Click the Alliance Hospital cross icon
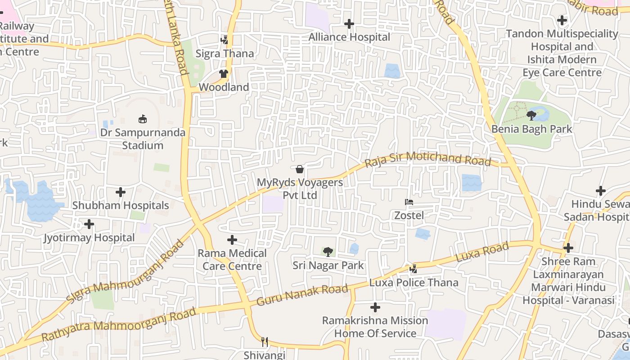tap(349, 24)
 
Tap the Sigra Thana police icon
tap(224, 40)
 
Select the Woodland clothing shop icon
tap(224, 73)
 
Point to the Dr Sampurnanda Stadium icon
tap(143, 119)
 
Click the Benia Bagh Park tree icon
tap(531, 116)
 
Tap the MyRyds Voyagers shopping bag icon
tap(300, 169)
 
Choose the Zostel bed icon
tap(409, 202)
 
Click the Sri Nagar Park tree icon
tap(328, 252)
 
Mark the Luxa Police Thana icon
tap(414, 269)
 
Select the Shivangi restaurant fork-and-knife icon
tap(265, 342)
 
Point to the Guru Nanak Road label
tap(302, 295)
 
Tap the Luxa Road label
tap(482, 252)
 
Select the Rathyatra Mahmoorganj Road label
tap(119, 324)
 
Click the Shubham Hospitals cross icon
tap(121, 192)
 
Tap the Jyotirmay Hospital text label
tap(89, 238)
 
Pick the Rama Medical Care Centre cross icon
tap(232, 240)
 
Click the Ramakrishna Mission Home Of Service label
tap(375, 327)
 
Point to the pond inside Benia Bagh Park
tap(542, 115)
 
